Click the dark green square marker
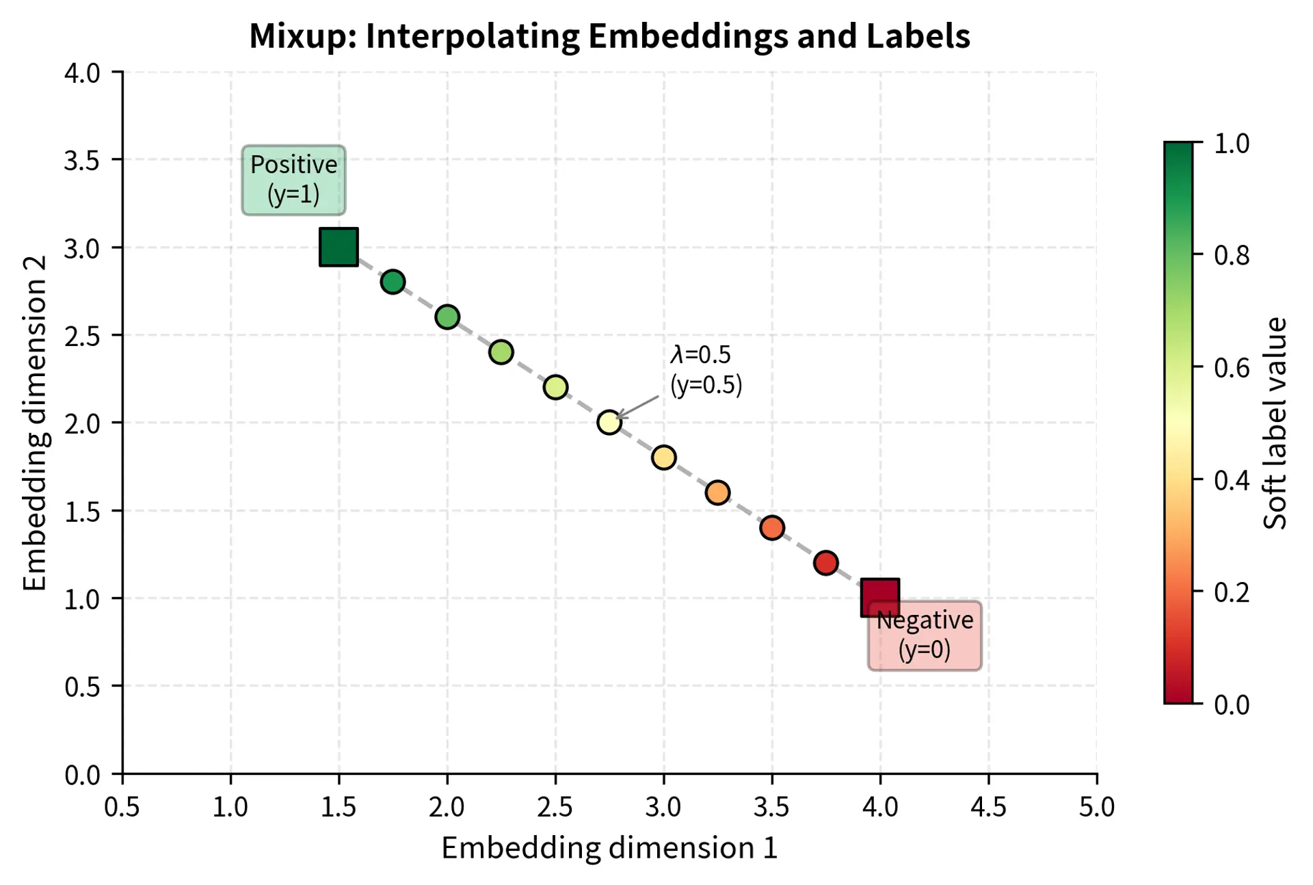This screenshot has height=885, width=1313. pyautogui.click(x=339, y=247)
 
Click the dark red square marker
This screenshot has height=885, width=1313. pyautogui.click(x=879, y=597)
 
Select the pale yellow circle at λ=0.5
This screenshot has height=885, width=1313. pyautogui.click(x=609, y=422)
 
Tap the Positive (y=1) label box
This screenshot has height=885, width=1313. pyautogui.click(x=293, y=180)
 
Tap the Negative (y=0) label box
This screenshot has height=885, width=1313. pyautogui.click(x=925, y=636)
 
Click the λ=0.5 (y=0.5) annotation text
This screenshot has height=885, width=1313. pyautogui.click(x=705, y=369)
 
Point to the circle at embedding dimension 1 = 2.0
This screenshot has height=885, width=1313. pyautogui.click(x=447, y=317)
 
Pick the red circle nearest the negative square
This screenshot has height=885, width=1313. pyautogui.click(x=825, y=562)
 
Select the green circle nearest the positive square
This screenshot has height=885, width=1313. pyautogui.click(x=393, y=282)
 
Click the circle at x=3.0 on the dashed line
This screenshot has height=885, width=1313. pyautogui.click(x=663, y=457)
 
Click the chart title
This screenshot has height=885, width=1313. pyautogui.click(x=609, y=36)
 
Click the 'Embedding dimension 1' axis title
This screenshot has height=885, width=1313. pyautogui.click(x=609, y=848)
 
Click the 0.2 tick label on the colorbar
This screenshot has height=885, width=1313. pyautogui.click(x=1231, y=592)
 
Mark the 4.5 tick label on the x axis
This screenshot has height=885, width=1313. pyautogui.click(x=988, y=808)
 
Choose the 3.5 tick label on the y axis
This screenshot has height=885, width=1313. pyautogui.click(x=82, y=161)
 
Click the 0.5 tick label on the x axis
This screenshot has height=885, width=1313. pyautogui.click(x=122, y=808)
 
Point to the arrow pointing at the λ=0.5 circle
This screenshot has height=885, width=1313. pyautogui.click(x=638, y=407)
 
